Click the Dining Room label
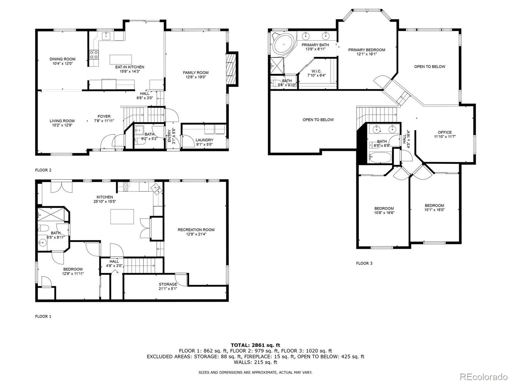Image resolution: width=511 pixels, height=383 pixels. pos(63,59)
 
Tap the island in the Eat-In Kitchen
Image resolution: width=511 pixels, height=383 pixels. pos(120,59)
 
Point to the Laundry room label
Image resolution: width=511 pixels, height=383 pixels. pos(204,140)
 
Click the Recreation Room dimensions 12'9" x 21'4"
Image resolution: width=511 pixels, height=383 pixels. pos(196,234)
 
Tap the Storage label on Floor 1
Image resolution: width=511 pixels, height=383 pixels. pos(168,284)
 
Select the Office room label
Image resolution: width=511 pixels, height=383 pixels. pos(445,132)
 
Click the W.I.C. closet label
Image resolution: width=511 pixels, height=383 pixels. pos(316,71)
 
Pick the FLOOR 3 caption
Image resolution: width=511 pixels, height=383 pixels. pos(364,263)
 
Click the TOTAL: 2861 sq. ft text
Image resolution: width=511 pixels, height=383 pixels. pos(255,345)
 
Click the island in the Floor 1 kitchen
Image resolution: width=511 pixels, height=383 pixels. pos(122,217)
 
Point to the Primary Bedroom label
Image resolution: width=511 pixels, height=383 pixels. pos(366,50)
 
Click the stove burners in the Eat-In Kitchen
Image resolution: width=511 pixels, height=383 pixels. pos(94,55)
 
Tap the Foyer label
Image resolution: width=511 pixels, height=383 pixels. pos(104,116)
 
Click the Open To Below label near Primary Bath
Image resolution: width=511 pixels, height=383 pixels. pos(318,120)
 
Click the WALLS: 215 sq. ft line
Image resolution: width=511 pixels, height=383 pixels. pos(255,362)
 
